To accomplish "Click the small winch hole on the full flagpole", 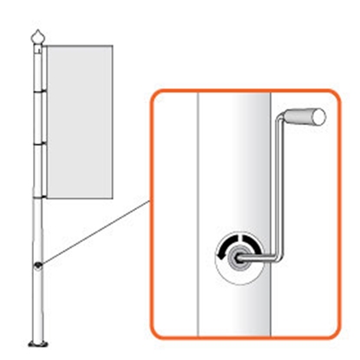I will [x=38, y=265].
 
